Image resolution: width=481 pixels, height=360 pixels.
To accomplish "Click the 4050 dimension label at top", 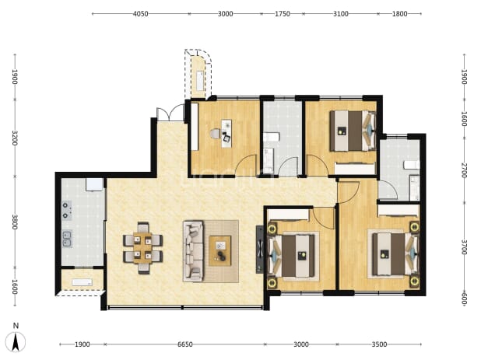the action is tap(141, 14).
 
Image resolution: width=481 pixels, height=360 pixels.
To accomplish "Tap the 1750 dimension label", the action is tap(283, 14).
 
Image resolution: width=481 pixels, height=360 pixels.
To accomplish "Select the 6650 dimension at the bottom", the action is tap(185, 344).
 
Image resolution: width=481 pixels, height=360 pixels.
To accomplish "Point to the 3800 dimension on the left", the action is tap(15, 222).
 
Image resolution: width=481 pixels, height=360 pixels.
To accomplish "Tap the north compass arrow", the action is tap(16, 342).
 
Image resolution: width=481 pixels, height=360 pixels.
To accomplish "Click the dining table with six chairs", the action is tap(143, 248).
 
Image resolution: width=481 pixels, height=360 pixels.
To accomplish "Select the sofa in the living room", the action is tap(193, 251).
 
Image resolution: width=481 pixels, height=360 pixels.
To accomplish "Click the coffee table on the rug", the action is tap(220, 251).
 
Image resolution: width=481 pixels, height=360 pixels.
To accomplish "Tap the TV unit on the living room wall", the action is tap(259, 250).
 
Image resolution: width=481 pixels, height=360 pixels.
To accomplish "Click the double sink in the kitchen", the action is tap(67, 239).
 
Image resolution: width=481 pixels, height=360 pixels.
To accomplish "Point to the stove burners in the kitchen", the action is tap(67, 211).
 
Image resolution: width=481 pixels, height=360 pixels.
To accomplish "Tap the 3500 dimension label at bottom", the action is tap(379, 344).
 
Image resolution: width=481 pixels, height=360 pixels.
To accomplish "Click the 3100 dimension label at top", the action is tap(341, 14).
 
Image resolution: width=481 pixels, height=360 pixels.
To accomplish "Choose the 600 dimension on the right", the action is tap(464, 299).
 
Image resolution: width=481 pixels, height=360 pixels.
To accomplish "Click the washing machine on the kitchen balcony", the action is tap(82, 282).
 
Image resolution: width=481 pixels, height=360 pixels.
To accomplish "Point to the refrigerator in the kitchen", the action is tap(94, 184).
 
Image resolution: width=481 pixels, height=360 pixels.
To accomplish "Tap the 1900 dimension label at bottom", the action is tap(83, 344).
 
